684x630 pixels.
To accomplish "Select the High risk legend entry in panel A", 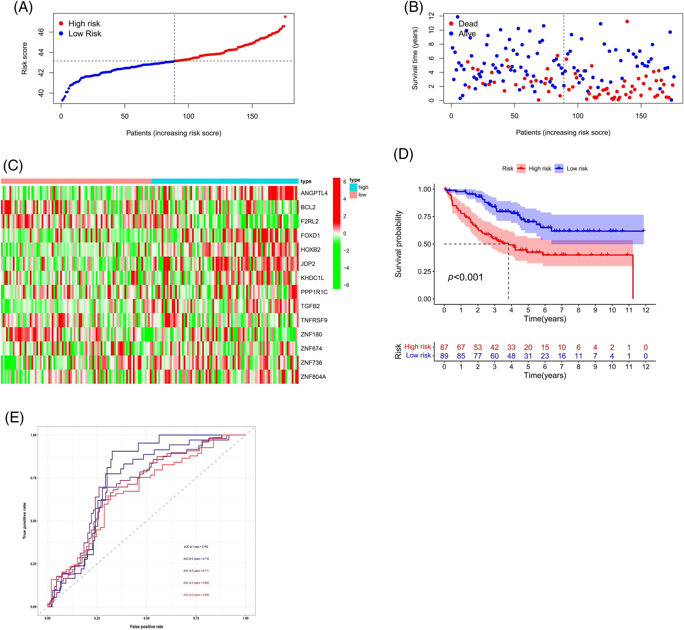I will pyautogui.click(x=84, y=24).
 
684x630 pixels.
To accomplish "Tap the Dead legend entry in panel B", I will pyautogui.click(x=468, y=24).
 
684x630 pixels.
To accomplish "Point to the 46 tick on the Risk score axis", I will pyautogui.click(x=41, y=32).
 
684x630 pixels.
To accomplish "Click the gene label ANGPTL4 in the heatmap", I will pyautogui.click(x=314, y=193).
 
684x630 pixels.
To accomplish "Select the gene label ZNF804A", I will pyautogui.click(x=313, y=377).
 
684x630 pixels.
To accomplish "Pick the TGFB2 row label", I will pyautogui.click(x=310, y=306).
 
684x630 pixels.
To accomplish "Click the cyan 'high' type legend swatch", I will pyautogui.click(x=353, y=187).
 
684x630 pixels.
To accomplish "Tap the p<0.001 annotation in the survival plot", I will pyautogui.click(x=465, y=277).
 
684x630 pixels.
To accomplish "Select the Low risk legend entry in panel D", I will pyautogui.click(x=577, y=168).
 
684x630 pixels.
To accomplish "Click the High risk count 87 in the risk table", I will pyautogui.click(x=444, y=347).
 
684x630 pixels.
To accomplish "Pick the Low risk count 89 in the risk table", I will pyautogui.click(x=444, y=356).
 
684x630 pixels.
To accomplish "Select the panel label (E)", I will pyautogui.click(x=14, y=418).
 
